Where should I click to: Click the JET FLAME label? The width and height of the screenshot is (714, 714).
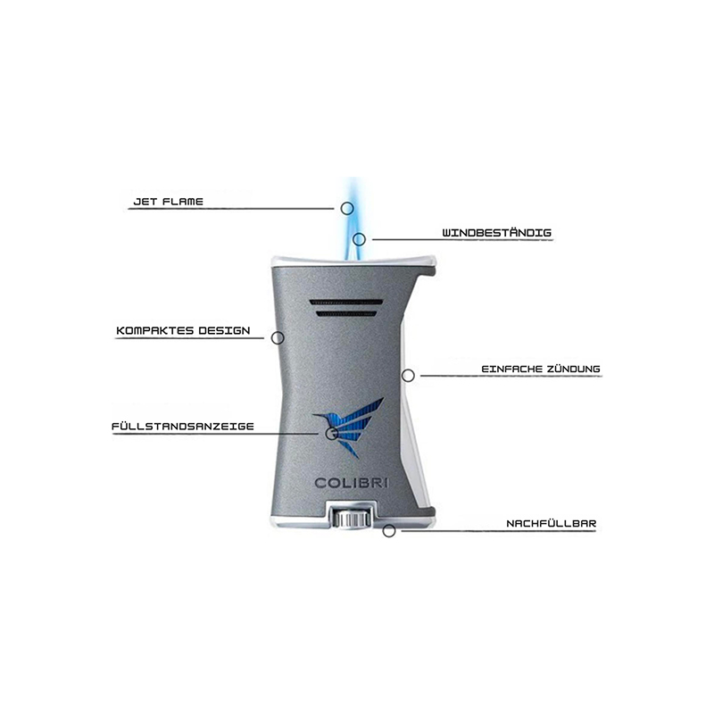168,202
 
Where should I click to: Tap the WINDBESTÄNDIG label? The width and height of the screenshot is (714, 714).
497,232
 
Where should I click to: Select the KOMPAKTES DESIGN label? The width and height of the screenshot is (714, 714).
183,330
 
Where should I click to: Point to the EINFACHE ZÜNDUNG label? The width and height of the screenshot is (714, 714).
541,369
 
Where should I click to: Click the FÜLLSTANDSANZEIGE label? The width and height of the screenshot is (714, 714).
183,427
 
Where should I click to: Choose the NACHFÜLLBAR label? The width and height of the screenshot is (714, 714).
552,523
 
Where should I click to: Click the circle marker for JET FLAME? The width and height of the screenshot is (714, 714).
347,209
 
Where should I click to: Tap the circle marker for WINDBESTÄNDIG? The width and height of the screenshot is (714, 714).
360,239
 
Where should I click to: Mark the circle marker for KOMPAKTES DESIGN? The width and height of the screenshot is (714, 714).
278,338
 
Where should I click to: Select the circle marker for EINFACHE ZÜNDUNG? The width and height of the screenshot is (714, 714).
408,376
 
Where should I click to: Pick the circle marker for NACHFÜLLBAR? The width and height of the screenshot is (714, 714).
389,530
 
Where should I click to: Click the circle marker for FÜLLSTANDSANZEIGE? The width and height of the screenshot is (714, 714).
331,433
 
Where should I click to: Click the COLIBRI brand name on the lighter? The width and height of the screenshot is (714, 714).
351,483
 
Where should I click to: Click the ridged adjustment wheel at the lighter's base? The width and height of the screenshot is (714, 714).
350,519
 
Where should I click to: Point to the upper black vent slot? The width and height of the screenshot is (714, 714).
345,303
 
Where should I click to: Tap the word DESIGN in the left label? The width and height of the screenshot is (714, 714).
224,330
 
